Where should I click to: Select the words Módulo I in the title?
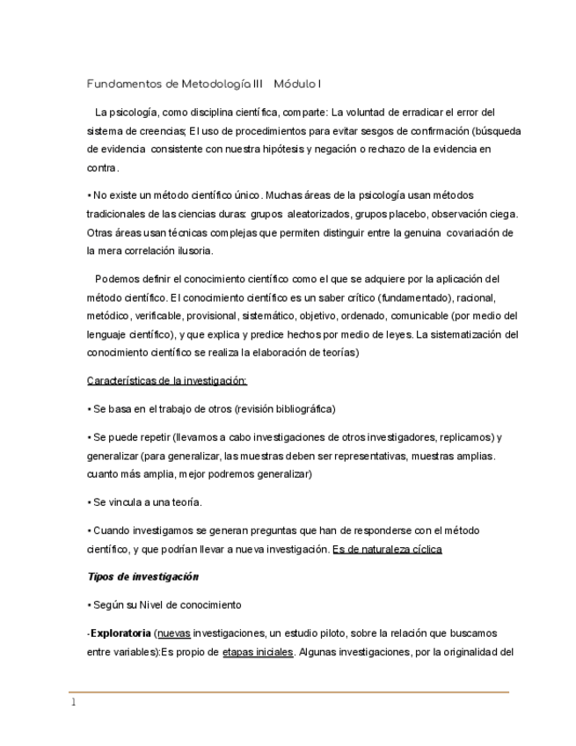pyautogui.click(x=297, y=84)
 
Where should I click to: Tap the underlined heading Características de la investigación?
pyautogui.click(x=167, y=381)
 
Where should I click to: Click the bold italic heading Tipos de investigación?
pyautogui.click(x=142, y=577)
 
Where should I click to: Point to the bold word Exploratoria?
pyautogui.click(x=120, y=633)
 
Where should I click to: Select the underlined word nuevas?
pyautogui.click(x=172, y=633)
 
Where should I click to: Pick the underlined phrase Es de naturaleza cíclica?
pyautogui.click(x=387, y=550)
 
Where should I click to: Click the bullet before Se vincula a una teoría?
pyautogui.click(x=89, y=502)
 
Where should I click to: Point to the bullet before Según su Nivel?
pyautogui.click(x=89, y=605)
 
